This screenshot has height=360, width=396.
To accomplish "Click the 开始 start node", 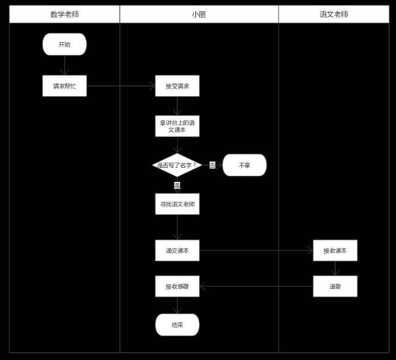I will [x=64, y=44].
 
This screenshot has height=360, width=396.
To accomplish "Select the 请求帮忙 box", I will [x=64, y=86].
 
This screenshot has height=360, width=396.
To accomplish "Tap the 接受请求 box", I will [x=177, y=86].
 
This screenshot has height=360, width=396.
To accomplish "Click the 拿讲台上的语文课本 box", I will [x=177, y=126].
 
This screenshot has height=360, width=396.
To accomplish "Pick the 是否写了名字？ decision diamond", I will [x=177, y=165].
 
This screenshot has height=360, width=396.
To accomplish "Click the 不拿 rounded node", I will [x=244, y=165].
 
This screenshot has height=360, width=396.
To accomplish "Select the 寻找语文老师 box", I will [x=177, y=204].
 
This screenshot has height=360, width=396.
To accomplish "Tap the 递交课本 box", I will [x=177, y=250].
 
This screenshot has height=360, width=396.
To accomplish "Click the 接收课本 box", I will [x=335, y=250].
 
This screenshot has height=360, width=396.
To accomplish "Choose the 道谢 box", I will [x=335, y=287].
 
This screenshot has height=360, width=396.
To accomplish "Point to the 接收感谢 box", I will [x=177, y=287].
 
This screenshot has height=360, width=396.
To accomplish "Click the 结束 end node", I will [x=177, y=325].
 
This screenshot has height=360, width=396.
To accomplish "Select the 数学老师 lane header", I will [x=64, y=14].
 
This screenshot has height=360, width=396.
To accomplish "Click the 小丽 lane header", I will [x=199, y=14].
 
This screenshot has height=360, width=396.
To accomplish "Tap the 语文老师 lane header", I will [x=334, y=14].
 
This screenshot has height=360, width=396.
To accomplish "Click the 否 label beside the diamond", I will [x=212, y=165].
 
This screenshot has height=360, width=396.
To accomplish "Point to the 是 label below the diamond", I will [x=177, y=185].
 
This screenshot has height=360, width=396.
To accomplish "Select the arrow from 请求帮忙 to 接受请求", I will [x=121, y=86].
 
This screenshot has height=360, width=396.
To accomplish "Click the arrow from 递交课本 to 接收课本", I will [x=256, y=250].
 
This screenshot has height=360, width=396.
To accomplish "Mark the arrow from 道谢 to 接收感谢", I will [x=256, y=287].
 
